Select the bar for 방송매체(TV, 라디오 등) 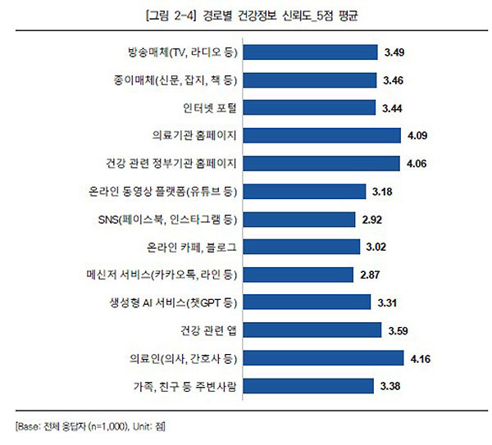(312, 52)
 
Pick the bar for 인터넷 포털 (311, 108)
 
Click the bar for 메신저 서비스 (300, 274)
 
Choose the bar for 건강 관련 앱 (314, 329)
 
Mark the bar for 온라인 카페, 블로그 (303, 246)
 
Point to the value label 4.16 (418, 357)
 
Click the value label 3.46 (394, 80)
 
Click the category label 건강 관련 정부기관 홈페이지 (171, 163)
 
